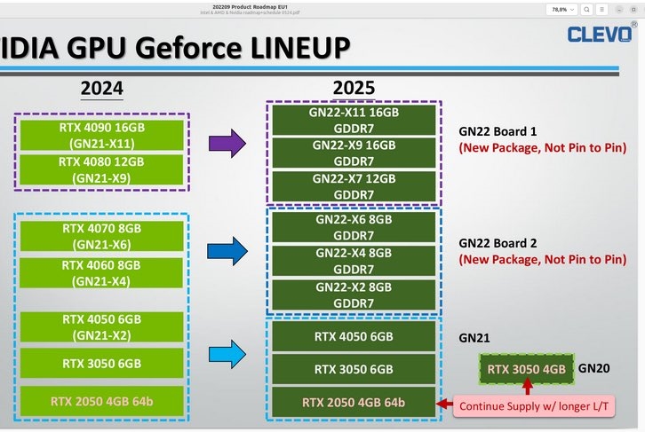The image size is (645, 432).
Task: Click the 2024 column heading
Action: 101,88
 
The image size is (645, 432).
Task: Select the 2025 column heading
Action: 354,88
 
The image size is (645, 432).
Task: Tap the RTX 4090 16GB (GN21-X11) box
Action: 102,134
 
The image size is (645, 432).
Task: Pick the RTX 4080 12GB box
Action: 102,169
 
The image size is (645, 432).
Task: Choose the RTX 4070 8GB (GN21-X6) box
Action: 101,236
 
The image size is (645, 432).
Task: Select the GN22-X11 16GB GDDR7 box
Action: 354,120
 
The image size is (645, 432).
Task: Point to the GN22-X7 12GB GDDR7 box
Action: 354,186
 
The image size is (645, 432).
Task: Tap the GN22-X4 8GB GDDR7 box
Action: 354,261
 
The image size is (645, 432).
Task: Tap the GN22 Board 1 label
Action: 498,129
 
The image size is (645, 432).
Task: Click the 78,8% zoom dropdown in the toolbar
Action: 560,8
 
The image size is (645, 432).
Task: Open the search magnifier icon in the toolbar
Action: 587,8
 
